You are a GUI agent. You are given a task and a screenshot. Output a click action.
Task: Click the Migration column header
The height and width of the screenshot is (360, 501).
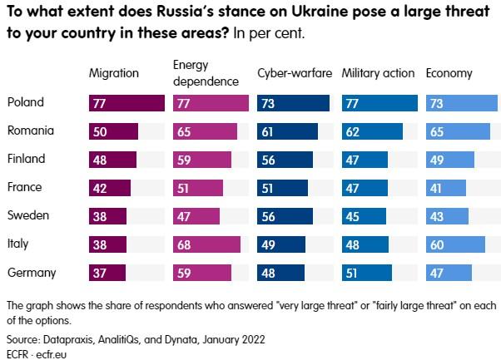click(x=113, y=73)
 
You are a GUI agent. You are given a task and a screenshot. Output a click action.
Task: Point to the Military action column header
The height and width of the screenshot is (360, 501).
click(x=378, y=73)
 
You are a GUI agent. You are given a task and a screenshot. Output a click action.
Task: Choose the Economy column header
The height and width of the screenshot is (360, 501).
click(x=449, y=73)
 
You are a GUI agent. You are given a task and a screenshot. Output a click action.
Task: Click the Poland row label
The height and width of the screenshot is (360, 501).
click(x=25, y=102)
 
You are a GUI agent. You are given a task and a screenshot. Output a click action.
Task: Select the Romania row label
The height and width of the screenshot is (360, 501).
click(x=30, y=131)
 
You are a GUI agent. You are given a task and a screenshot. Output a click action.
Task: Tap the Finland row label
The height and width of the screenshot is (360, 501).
click(x=26, y=159)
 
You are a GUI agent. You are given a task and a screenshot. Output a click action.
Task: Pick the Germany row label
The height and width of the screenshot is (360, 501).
click(x=31, y=272)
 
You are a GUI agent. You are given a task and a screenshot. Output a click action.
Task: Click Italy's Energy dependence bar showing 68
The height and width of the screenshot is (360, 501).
click(x=206, y=244)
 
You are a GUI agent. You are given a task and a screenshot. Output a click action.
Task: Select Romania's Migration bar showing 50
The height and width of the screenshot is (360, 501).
click(x=113, y=131)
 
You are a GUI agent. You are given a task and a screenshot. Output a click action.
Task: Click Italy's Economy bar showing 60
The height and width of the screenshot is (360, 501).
click(x=455, y=244)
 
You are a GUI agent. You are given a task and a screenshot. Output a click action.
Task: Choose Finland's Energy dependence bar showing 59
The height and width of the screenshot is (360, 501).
click(x=202, y=160)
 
